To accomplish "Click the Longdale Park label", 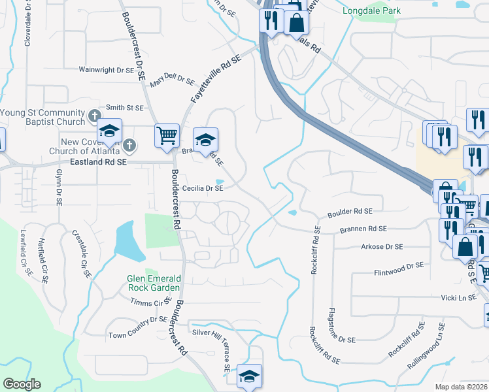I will (x=371, y=10).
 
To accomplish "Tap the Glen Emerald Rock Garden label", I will (x=154, y=284).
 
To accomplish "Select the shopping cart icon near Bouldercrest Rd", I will (x=167, y=136).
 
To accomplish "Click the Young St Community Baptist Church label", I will (x=43, y=117).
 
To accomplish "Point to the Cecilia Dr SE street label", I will (x=203, y=188).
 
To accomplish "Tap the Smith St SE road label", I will (x=124, y=108).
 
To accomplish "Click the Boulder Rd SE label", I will (x=350, y=212).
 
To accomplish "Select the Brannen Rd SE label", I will (x=363, y=229).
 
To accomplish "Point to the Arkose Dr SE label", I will (x=382, y=247).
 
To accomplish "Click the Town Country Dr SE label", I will (x=139, y=319).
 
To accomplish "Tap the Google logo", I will (x=22, y=384).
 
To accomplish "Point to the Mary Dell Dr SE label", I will (x=172, y=81).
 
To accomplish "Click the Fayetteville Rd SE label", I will (x=215, y=78).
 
